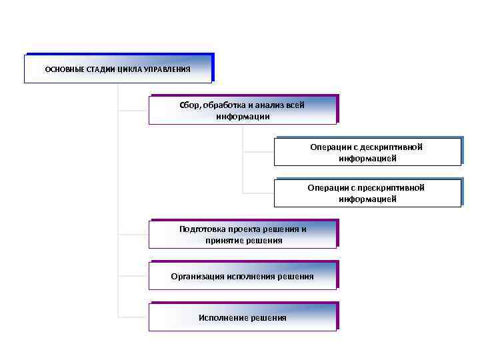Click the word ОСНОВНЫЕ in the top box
pyautogui.click(x=63, y=69)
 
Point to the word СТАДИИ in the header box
pyautogui.click(x=98, y=69)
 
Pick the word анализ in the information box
pyautogui.click(x=270, y=105)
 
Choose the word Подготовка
pyautogui.click(x=203, y=229)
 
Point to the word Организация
pyautogui.click(x=197, y=276)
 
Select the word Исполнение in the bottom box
pyautogui.click(x=223, y=318)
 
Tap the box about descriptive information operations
pyautogui.click(x=367, y=153)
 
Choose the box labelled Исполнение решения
pyautogui.click(x=243, y=317)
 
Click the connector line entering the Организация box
pyautogui.click(x=133, y=275)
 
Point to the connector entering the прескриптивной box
pyautogui.click(x=259, y=192)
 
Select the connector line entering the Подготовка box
pyautogui.click(x=133, y=234)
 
